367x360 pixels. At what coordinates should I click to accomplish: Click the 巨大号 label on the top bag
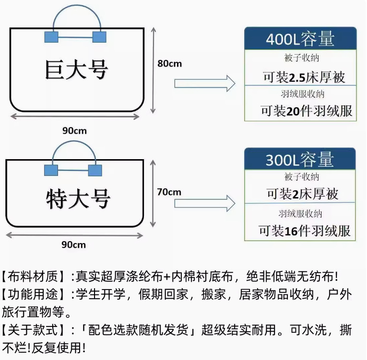coord(77,70)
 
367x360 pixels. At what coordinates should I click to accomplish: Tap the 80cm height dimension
coord(170,63)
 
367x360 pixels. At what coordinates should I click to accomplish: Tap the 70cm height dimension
coord(169,192)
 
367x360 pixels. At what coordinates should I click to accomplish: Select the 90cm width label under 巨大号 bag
coord(74,130)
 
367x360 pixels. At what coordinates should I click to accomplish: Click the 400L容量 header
coord(300,39)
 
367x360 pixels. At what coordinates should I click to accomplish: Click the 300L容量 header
coord(300,159)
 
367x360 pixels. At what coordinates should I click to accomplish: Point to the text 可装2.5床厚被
coord(304,76)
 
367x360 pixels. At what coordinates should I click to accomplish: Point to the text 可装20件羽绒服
coord(307,111)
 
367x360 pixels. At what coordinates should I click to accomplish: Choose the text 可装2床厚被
coord(303,194)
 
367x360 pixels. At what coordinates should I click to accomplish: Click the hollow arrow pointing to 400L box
coord(204,83)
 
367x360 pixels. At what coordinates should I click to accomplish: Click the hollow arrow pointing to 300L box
coord(204,203)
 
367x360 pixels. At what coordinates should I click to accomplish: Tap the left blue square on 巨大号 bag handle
coord(51,37)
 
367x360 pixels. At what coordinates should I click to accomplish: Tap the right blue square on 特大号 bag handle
coord(95,170)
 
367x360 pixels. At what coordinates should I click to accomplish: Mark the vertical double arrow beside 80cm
coord(154,70)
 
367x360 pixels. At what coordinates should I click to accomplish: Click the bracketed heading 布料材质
coord(33,277)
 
